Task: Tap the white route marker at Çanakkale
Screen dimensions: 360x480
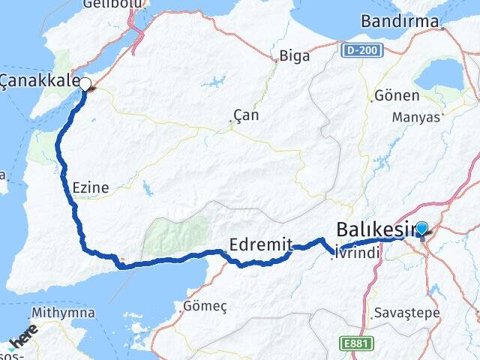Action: pos(85,84)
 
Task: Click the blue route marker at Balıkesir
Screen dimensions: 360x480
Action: pos(421,229)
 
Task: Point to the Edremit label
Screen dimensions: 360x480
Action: pos(257,244)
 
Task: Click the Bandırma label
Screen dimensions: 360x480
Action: pos(400,22)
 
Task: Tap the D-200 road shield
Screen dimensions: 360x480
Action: pos(362,50)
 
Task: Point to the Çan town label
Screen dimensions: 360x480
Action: pos(241,115)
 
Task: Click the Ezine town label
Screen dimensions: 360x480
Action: pos(91,187)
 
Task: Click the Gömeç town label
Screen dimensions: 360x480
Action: pos(205,306)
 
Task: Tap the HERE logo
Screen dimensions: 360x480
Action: pos(22,340)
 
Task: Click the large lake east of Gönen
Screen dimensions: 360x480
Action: pos(441,73)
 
